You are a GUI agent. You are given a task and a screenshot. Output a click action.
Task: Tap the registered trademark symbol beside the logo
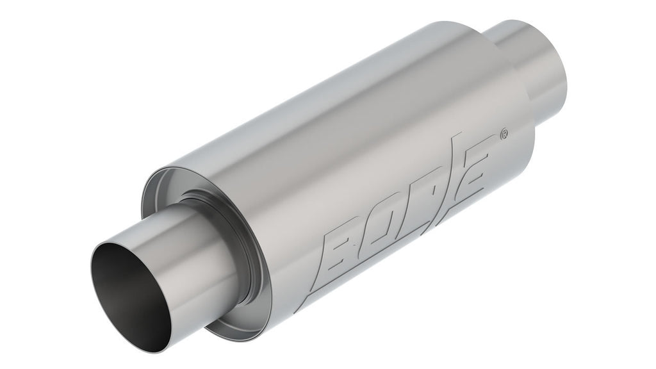[x=504, y=135]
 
